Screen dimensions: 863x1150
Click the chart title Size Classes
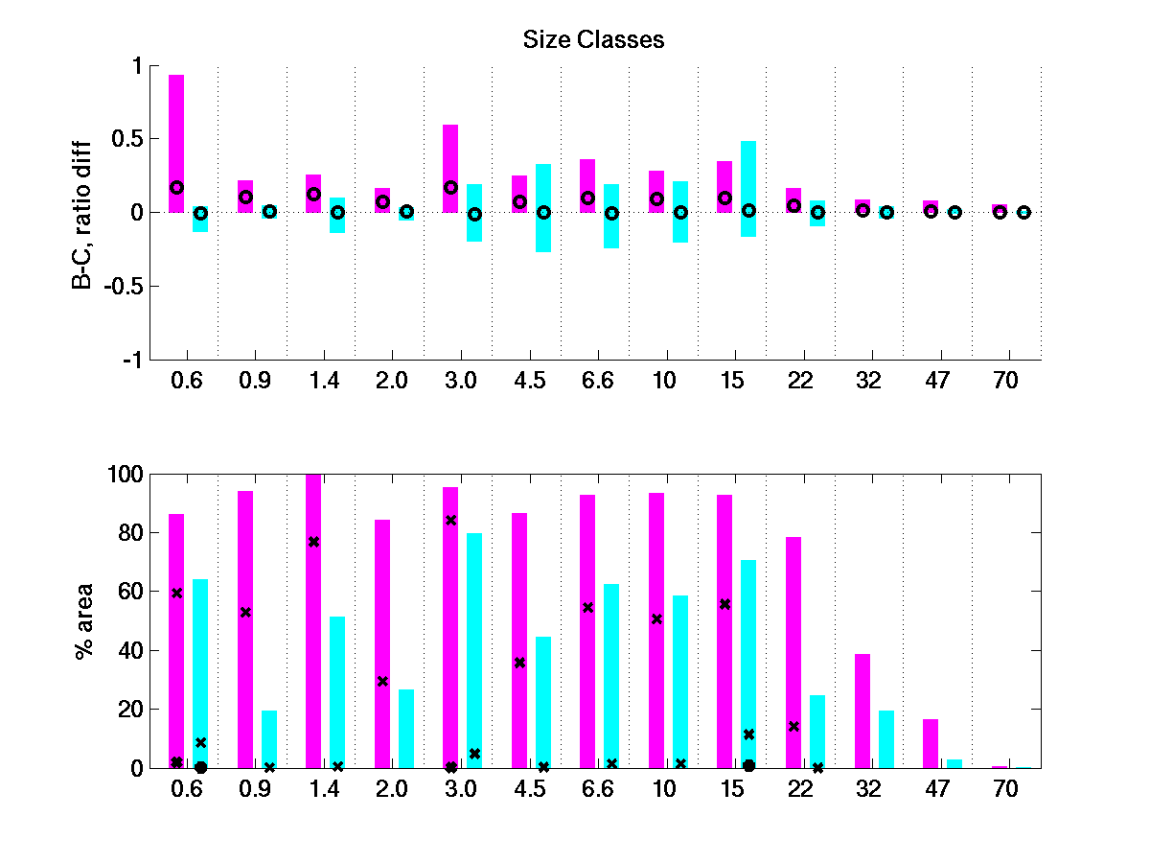tap(593, 39)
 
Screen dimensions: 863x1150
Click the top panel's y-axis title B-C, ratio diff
tap(85, 213)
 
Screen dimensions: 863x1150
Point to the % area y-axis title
tap(85, 620)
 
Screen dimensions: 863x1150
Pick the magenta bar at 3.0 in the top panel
tap(450, 168)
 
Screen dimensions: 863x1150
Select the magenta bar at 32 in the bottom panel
tap(862, 711)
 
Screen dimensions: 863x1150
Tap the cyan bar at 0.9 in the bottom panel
tap(269, 738)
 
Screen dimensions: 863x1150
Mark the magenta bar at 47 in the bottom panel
tap(931, 743)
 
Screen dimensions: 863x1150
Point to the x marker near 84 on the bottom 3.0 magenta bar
tap(450, 520)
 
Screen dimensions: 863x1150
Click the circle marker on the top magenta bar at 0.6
tap(176, 187)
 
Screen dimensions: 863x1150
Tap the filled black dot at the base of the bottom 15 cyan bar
tap(748, 765)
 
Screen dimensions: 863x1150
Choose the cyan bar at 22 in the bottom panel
tap(817, 731)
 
